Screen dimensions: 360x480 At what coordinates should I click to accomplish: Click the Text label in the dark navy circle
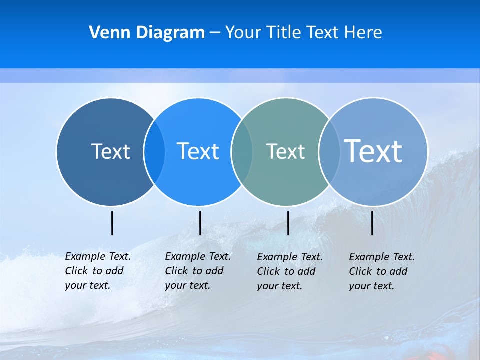[110, 151]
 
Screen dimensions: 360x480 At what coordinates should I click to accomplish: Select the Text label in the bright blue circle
[198, 151]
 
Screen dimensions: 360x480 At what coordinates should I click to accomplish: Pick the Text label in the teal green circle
[285, 151]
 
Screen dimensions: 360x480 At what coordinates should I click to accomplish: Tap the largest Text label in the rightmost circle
[373, 151]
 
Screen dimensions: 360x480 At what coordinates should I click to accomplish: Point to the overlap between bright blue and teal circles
[242, 151]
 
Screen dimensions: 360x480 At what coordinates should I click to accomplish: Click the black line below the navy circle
[112, 223]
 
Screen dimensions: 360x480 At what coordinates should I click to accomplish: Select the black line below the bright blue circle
[200, 223]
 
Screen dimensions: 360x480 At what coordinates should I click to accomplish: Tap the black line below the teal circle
[288, 223]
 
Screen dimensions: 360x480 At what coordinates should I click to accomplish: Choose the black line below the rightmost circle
[372, 223]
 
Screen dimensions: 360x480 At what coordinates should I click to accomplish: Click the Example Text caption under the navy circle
[97, 271]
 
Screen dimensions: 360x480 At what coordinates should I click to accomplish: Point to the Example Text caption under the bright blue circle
[197, 271]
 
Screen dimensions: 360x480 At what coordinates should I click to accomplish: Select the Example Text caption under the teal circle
[289, 271]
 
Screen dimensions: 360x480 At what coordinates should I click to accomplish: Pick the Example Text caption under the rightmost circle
[381, 271]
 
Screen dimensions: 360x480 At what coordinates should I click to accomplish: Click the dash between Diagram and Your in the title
[214, 33]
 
